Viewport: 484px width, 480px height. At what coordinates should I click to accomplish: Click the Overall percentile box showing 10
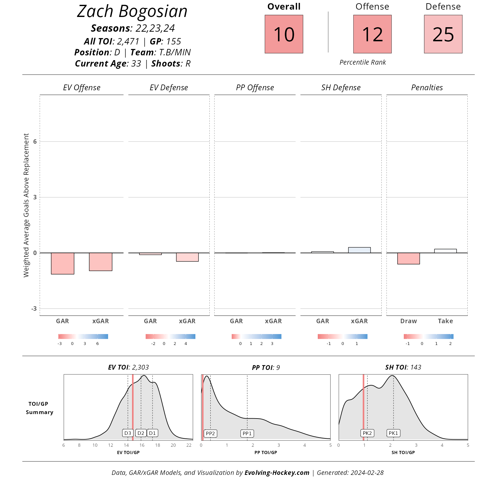(284, 34)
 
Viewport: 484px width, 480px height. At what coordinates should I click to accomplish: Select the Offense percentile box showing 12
(372, 34)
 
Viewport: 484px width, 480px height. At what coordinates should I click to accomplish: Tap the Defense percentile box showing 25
(443, 34)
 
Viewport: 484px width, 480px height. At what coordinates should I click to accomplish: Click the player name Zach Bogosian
(132, 12)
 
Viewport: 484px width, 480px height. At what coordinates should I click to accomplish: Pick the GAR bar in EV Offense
(63, 263)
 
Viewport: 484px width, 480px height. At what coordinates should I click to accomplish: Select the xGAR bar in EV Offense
(101, 262)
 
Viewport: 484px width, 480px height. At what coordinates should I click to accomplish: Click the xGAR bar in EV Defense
(187, 257)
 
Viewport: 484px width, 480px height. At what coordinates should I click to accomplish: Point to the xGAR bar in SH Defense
(359, 250)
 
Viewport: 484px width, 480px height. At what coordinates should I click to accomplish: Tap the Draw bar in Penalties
(409, 258)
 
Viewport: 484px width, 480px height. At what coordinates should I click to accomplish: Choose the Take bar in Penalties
(445, 251)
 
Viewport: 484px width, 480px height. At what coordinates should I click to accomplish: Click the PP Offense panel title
(255, 88)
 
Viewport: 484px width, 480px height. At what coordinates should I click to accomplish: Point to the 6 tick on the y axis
(35, 141)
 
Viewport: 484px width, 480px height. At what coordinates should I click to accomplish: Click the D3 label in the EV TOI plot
(128, 433)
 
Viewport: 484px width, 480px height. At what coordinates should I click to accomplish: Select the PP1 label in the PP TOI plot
(247, 434)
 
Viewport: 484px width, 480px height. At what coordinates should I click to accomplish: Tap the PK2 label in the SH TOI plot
(367, 433)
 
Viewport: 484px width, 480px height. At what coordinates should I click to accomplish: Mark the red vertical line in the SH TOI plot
(363, 406)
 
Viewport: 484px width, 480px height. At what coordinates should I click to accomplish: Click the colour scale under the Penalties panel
(428, 336)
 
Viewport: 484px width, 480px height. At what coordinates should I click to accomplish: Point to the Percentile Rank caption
(363, 62)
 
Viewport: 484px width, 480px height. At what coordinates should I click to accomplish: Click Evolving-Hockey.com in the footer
(277, 473)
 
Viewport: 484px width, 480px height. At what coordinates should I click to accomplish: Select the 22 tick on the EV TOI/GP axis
(189, 445)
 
